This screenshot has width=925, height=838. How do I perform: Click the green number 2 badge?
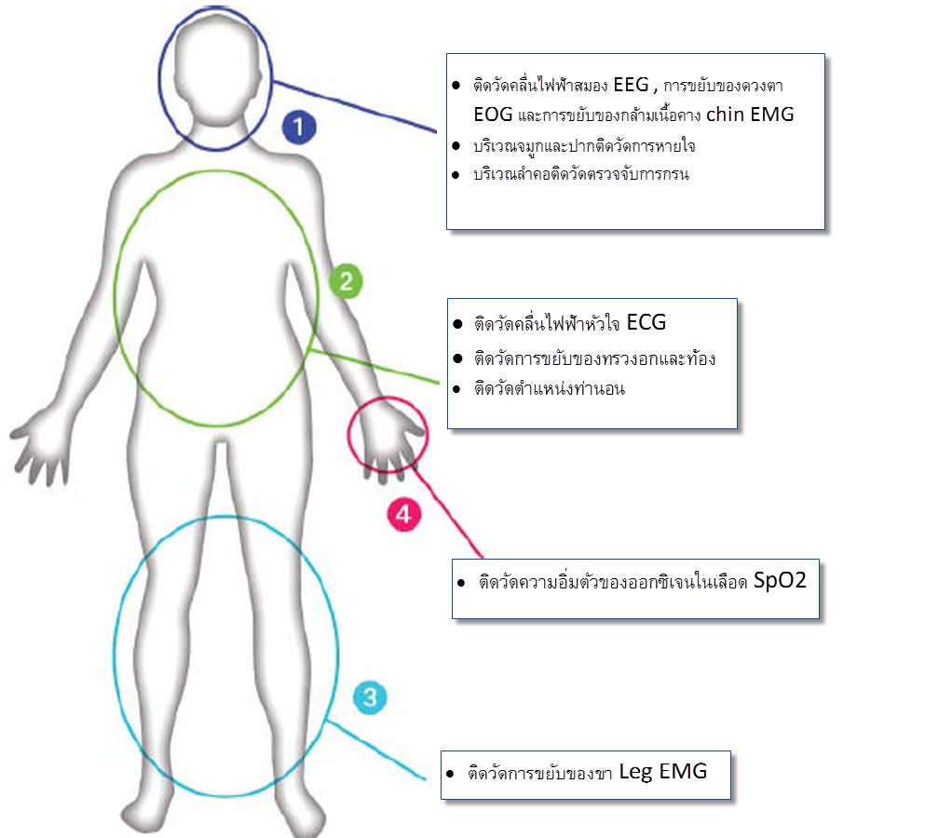click(x=345, y=281)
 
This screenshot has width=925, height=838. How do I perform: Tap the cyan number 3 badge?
click(x=370, y=697)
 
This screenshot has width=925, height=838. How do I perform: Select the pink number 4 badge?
click(x=403, y=512)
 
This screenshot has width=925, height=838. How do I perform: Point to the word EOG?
click(x=493, y=115)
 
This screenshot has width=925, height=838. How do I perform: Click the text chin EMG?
click(x=750, y=115)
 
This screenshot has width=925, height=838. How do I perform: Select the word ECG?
click(x=646, y=323)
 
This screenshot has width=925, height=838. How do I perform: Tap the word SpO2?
click(x=780, y=580)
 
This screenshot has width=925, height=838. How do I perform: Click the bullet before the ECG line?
click(x=457, y=326)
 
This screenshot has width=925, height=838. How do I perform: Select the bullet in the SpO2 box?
click(x=461, y=584)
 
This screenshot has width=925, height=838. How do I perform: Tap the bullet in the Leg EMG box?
click(x=450, y=775)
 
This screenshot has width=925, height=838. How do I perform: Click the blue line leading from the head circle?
click(x=354, y=107)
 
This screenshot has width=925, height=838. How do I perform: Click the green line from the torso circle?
click(x=373, y=365)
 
